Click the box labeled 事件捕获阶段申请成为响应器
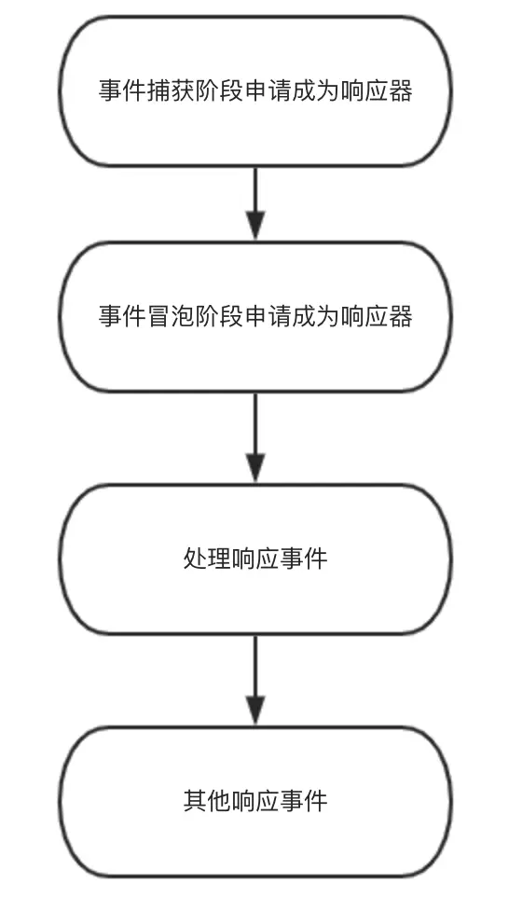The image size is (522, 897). [x=255, y=91]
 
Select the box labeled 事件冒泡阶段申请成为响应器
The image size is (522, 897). [x=255, y=316]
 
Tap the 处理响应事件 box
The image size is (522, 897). [x=255, y=559]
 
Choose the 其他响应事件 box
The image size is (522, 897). [x=255, y=800]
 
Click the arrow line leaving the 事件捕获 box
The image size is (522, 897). [x=255, y=203]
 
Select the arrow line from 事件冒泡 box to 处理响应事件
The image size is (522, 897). [x=255, y=437]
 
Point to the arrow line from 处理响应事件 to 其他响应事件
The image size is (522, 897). [x=255, y=680]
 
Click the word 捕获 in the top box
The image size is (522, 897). [x=171, y=91]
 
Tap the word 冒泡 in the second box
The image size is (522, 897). [x=171, y=316]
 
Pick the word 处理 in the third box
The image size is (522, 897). [x=207, y=559]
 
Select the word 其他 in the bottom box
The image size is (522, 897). [x=207, y=800]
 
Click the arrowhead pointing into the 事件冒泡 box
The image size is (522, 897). [x=255, y=226]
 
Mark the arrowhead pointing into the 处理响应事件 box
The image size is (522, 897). [x=255, y=468]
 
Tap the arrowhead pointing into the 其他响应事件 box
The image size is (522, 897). [x=255, y=710]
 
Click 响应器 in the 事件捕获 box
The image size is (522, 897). [x=377, y=91]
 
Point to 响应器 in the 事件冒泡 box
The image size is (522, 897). [x=377, y=316]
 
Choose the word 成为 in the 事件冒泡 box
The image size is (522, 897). [x=316, y=316]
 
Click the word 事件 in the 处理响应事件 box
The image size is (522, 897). [x=304, y=559]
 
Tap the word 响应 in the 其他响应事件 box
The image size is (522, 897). [x=255, y=800]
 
